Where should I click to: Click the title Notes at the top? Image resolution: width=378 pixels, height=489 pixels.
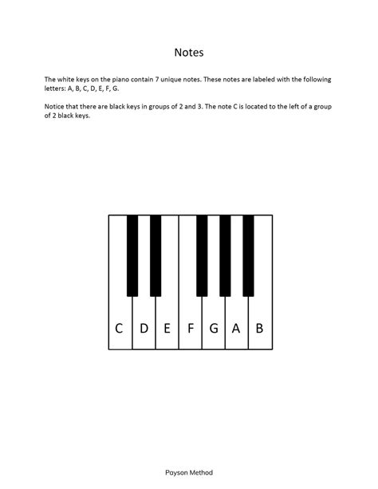(x=189, y=53)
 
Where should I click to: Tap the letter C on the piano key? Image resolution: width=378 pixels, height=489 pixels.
(x=120, y=327)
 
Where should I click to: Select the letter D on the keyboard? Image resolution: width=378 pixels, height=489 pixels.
(x=144, y=327)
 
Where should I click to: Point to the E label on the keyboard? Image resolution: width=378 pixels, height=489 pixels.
(x=167, y=327)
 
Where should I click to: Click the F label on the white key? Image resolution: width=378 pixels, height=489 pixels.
(x=191, y=327)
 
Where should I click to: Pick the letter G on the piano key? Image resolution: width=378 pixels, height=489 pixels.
(x=213, y=327)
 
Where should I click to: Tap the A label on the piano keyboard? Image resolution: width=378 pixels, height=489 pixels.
(x=236, y=327)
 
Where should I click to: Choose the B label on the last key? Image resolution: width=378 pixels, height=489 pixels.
(x=259, y=327)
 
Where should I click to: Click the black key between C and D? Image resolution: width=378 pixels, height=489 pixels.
(x=132, y=255)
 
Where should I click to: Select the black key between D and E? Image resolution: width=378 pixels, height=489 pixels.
(x=156, y=255)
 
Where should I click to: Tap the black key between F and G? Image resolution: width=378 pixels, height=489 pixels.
(x=202, y=255)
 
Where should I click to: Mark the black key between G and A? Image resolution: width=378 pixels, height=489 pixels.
(x=225, y=255)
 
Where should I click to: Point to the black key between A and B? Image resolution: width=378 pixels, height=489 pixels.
(x=248, y=255)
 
